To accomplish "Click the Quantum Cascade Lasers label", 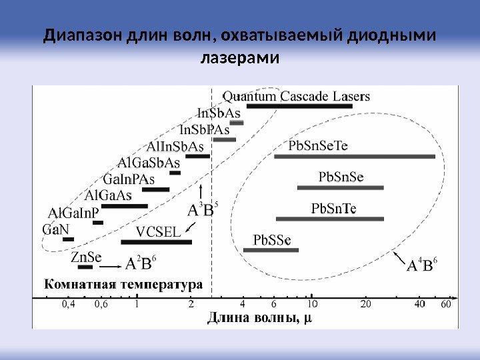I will [296, 97].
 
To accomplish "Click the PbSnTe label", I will [334, 209].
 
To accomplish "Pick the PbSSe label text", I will [271, 239].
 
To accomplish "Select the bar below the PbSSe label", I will [271, 250].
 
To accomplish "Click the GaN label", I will [55, 229].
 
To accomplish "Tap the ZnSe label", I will [87, 257].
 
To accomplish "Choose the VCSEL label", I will [158, 232].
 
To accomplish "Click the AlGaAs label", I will [109, 195].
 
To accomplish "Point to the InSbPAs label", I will [205, 129].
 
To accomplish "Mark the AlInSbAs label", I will [175, 146].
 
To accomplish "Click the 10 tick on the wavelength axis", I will [311, 305].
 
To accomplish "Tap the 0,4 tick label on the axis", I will [69, 305].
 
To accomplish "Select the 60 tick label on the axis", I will [446, 305].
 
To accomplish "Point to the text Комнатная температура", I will [123, 284].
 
